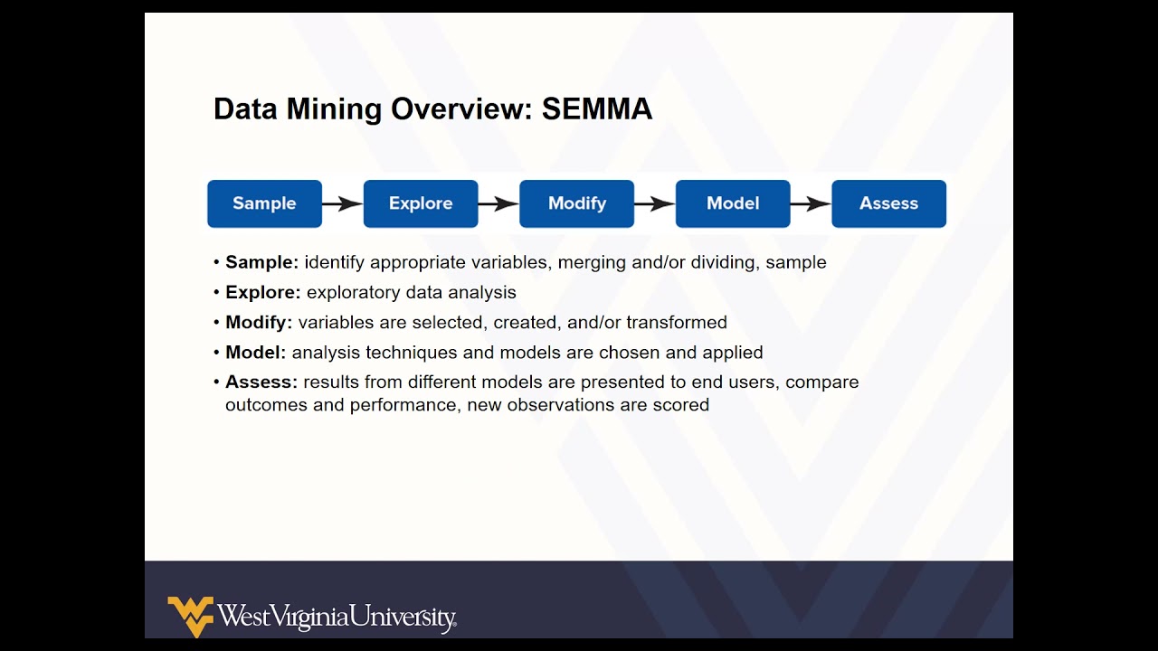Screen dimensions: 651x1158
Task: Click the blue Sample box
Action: click(264, 203)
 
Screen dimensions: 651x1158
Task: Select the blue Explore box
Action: click(421, 203)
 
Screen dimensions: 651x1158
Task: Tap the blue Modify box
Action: click(576, 203)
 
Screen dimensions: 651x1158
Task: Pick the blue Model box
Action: click(733, 203)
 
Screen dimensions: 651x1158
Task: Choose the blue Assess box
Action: click(888, 203)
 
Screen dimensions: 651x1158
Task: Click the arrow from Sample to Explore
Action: click(343, 203)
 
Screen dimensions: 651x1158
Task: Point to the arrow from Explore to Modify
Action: click(498, 203)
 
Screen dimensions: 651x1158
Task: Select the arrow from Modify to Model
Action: click(655, 203)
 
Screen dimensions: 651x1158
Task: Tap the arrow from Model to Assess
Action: click(811, 203)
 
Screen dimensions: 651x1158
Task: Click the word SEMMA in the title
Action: click(596, 109)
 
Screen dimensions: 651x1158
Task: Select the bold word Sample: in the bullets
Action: click(261, 262)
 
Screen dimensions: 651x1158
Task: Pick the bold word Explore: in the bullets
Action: click(262, 292)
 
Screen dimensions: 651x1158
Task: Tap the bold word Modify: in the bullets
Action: click(259, 322)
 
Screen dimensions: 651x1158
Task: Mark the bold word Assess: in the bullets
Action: click(261, 382)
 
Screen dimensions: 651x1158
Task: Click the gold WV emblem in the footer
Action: click(190, 616)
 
